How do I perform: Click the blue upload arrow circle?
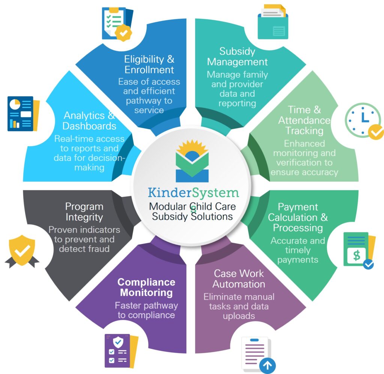[267, 365]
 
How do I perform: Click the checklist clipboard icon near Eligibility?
[117, 23]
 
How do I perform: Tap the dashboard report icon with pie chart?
[23, 114]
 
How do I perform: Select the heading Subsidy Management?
[237, 57]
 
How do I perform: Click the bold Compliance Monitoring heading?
[146, 287]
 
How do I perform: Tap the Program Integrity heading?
[84, 212]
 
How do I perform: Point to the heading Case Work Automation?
[238, 279]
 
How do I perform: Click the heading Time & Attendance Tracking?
[304, 120]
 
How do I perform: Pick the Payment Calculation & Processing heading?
[298, 217]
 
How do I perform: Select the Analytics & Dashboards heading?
[89, 121]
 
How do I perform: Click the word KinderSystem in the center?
[193, 193]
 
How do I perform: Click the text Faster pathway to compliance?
[146, 310]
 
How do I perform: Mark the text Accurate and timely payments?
[298, 250]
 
